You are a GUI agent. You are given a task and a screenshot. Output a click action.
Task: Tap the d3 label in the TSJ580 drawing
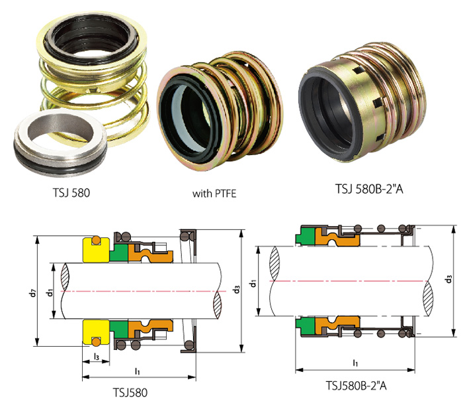[x=236, y=290]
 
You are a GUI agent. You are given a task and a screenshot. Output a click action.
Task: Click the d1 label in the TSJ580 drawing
[x=50, y=290]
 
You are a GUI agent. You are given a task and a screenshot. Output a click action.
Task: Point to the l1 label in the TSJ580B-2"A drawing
[x=355, y=363]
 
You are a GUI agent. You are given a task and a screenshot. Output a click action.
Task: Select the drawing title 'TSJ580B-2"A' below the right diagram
[x=356, y=385]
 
